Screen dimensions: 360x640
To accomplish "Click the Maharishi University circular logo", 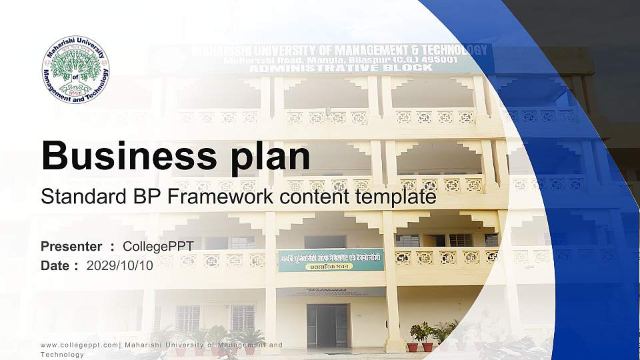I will pyautogui.click(x=75, y=69).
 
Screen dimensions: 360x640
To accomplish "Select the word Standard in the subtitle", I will pyautogui.click(x=79, y=197).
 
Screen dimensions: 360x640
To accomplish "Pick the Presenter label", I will pyautogui.click(x=71, y=247).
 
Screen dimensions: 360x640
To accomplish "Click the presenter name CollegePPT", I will pyautogui.click(x=158, y=247).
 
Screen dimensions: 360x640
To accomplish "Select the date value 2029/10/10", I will pyautogui.click(x=120, y=265).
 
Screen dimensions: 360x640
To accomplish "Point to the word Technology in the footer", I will pyautogui.click(x=62, y=355).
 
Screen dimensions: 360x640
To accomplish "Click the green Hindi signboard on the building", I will pyautogui.click(x=331, y=260).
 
